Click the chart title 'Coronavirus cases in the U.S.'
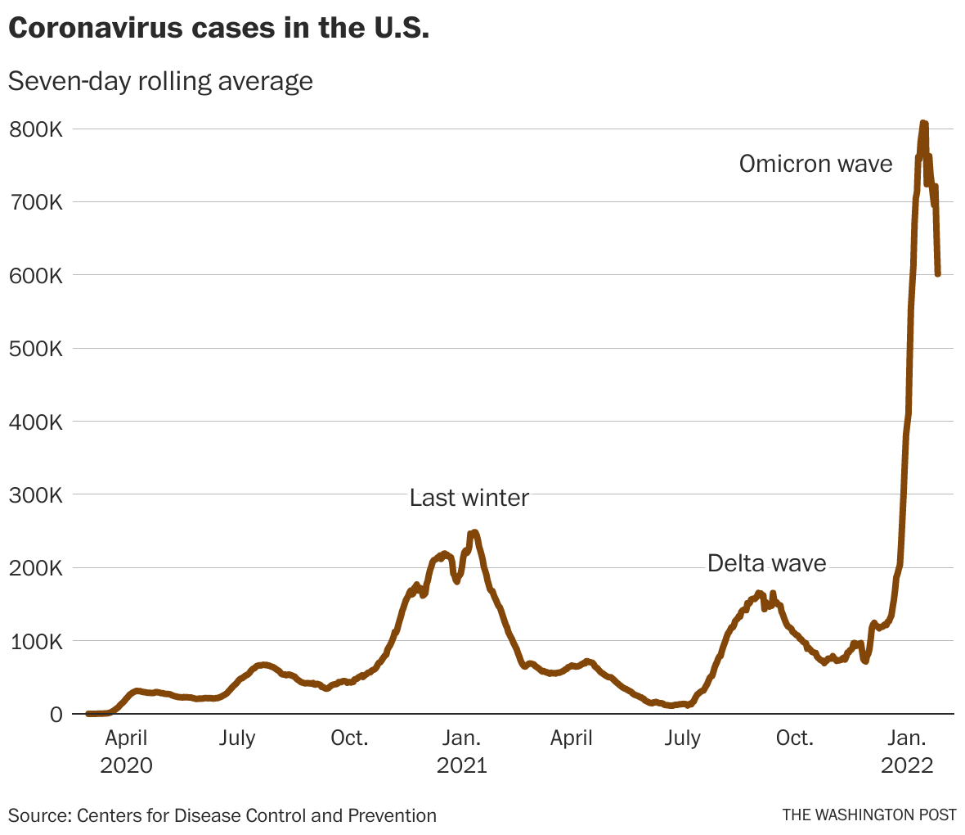[218, 28]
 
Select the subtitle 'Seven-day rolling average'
[160, 81]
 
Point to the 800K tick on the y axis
[34, 129]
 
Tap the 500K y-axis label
[34, 349]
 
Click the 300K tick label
[34, 495]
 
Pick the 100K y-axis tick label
[34, 642]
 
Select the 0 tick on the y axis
[55, 715]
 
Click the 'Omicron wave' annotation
[815, 164]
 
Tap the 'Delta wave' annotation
[766, 563]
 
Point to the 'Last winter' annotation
[469, 498]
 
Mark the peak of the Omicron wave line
[923, 123]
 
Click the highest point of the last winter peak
[474, 533]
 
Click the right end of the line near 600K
[937, 273]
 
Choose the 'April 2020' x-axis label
[127, 751]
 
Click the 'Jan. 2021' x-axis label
[461, 751]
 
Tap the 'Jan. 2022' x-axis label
[906, 751]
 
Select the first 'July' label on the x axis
[237, 738]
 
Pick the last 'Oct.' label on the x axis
[794, 738]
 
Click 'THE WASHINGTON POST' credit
[868, 815]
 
